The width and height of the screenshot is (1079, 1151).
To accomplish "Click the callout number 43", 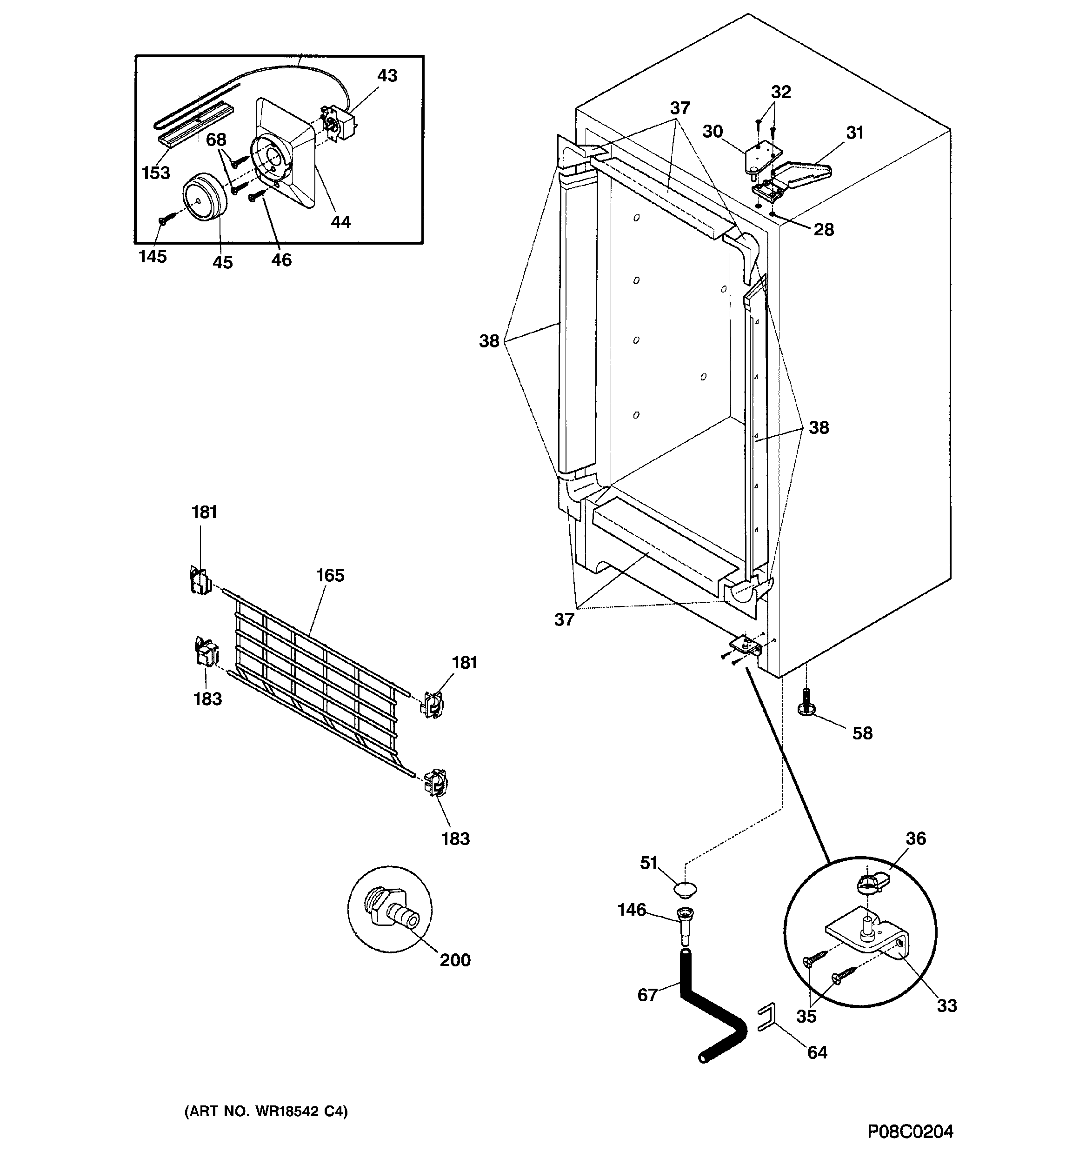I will [387, 76].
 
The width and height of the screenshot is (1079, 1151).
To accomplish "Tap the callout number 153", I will [156, 173].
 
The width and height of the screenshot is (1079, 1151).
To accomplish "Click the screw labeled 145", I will [163, 220].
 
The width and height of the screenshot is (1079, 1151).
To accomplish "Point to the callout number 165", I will [330, 576].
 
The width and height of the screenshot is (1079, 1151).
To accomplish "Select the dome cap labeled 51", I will [685, 889].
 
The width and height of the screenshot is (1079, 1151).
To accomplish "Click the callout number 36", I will [916, 838].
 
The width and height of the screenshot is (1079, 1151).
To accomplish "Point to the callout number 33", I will [947, 1006].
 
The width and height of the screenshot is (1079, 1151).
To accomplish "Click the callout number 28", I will [824, 230].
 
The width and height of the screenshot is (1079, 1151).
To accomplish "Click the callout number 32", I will [781, 93].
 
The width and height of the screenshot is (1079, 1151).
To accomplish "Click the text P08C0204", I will [910, 1131].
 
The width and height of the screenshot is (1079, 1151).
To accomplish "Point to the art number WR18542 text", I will [266, 1111].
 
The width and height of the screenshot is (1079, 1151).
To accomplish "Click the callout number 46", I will [281, 260].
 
